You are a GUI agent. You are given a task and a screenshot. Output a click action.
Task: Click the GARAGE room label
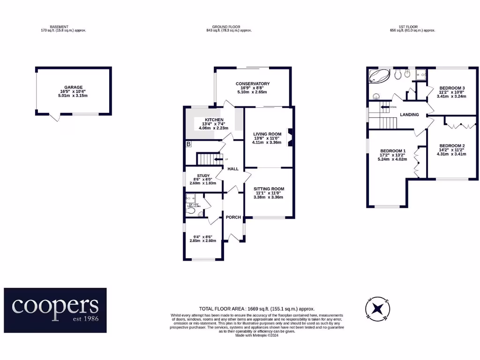pyautogui.click(x=74, y=87)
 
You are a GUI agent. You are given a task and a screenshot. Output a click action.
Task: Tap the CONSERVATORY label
pyautogui.click(x=253, y=84)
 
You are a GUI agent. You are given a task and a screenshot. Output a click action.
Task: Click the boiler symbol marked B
pyautogui.click(x=188, y=144)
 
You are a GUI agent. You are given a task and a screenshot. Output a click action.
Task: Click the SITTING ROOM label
pyautogui.click(x=269, y=189)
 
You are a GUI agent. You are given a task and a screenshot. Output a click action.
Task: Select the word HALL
pyautogui.click(x=233, y=169)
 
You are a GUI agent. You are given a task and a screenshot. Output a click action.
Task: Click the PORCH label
pyautogui.click(x=233, y=217)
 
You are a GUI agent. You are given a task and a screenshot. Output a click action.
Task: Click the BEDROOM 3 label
pyautogui.click(x=451, y=88)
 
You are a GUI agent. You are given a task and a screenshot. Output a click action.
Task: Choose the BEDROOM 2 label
pyautogui.click(x=451, y=146)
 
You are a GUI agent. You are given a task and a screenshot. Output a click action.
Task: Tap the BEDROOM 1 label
pyautogui.click(x=393, y=151)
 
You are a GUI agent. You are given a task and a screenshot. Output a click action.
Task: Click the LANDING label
pyautogui.click(x=409, y=114)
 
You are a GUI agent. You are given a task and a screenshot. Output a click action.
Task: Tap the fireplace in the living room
pyautogui.click(x=290, y=138)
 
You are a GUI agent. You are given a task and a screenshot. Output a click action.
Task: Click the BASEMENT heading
pyautogui.click(x=60, y=27)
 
